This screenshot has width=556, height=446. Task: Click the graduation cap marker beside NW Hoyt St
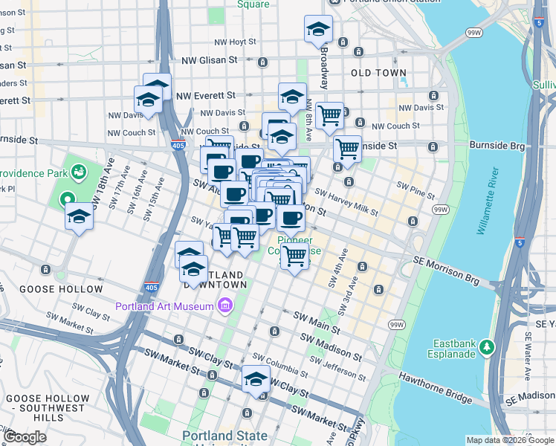[318, 29]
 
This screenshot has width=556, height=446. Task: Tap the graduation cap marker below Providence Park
[79, 218]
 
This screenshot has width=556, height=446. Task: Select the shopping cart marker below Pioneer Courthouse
[295, 256]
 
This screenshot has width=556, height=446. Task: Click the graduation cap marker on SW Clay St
[256, 379]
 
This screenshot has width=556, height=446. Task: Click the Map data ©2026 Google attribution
[510, 440]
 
